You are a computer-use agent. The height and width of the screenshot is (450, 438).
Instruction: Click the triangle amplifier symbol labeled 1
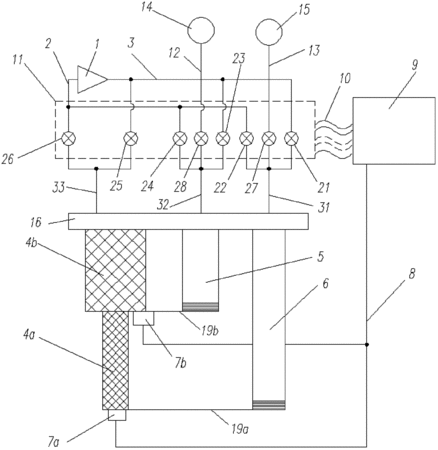coord(90,79)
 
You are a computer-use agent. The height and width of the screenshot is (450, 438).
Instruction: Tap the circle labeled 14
coord(201,30)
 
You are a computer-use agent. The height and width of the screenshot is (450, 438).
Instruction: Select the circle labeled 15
coord(269,32)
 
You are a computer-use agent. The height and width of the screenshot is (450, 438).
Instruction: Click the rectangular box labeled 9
coord(394,131)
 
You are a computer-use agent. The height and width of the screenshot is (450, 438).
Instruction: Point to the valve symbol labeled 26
coord(68,137)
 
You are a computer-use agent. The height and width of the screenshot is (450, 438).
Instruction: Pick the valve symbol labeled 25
coord(130,137)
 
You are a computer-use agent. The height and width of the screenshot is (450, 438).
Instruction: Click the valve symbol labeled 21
coord(291,137)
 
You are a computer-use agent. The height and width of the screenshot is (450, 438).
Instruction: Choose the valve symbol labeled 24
coord(180,137)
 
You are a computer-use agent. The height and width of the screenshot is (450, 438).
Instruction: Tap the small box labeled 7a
coord(117,415)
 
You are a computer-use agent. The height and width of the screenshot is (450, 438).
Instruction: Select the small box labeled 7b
coord(144,318)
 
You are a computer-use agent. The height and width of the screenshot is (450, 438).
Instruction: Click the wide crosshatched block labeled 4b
coord(116,270)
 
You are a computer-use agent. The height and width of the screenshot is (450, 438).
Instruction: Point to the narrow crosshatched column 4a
coord(115,361)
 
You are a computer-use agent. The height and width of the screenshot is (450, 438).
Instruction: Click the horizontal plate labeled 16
coord(188,221)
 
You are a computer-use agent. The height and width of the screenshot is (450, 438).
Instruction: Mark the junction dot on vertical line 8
coord(367,344)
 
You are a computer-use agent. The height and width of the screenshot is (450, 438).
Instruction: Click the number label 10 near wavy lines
coord(344,80)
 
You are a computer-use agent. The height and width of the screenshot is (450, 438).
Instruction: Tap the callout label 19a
coord(239,429)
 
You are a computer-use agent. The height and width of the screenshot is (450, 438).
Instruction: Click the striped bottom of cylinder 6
coord(269,405)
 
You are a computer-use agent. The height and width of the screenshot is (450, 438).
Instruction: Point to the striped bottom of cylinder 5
coord(200,307)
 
